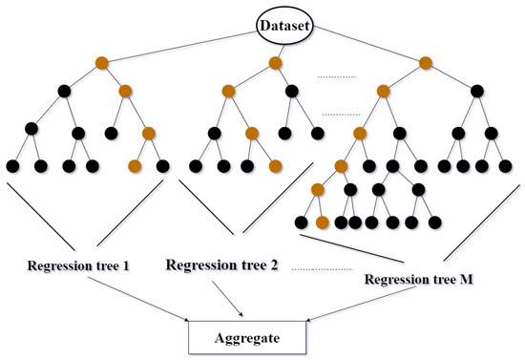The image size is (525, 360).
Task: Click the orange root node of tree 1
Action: [101, 65]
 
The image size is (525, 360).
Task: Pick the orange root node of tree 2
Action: [275, 65]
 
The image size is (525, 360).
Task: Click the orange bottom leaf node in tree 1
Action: [134, 166]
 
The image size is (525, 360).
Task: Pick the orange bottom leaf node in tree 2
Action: [275, 166]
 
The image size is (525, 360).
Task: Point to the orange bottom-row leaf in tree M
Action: [324, 222]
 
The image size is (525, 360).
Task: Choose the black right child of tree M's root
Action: [474, 92]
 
